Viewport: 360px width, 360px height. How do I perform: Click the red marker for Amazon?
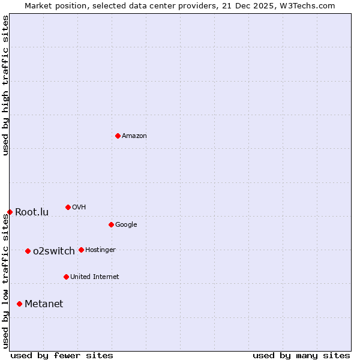(118, 136)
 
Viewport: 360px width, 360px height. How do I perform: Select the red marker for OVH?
(68, 207)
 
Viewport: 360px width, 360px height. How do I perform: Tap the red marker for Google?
(111, 224)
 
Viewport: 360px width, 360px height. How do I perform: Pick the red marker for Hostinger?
(81, 250)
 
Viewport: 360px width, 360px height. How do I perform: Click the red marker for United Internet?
(66, 277)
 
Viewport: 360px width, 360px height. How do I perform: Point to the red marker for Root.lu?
(10, 212)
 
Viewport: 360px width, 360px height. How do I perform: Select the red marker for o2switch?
(28, 251)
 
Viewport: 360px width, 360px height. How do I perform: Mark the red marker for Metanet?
(19, 304)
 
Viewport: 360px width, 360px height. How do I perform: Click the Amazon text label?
(134, 136)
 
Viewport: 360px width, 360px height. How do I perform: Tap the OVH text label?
(79, 208)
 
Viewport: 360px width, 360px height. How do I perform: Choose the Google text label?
(126, 225)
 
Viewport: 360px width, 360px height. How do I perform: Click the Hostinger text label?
(100, 250)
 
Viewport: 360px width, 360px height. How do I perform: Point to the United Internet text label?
(94, 277)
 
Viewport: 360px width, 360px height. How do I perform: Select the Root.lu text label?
(32, 212)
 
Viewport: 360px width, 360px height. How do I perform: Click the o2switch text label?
(54, 251)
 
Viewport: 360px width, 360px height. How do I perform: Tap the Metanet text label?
(44, 304)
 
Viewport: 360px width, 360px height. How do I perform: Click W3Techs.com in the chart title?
(307, 6)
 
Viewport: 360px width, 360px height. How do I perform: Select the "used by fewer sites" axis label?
(62, 355)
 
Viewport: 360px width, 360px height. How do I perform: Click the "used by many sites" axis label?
(301, 355)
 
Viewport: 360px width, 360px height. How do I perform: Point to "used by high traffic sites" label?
(6, 85)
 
